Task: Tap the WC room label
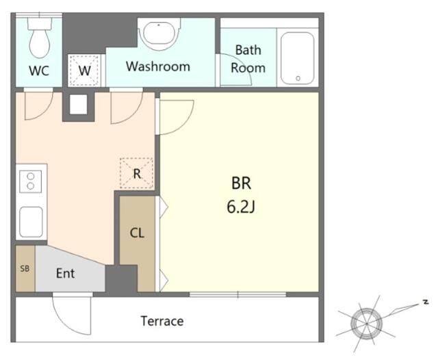(x=39, y=71)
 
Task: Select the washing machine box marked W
(x=84, y=70)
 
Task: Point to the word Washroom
(x=158, y=66)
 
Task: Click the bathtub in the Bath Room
(x=298, y=58)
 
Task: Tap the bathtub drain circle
(x=298, y=79)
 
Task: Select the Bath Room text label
(x=248, y=59)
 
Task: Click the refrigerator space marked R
(x=136, y=173)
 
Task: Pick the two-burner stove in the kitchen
(x=30, y=181)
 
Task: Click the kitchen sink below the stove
(x=31, y=222)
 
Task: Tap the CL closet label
(x=137, y=233)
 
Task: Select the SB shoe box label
(x=25, y=268)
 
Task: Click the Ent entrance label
(x=66, y=273)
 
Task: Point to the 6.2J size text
(x=241, y=207)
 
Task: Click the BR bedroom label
(x=242, y=183)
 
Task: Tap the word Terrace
(x=162, y=321)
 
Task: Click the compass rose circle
(x=367, y=324)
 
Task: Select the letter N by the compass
(x=426, y=302)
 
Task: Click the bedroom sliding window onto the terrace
(x=238, y=294)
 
